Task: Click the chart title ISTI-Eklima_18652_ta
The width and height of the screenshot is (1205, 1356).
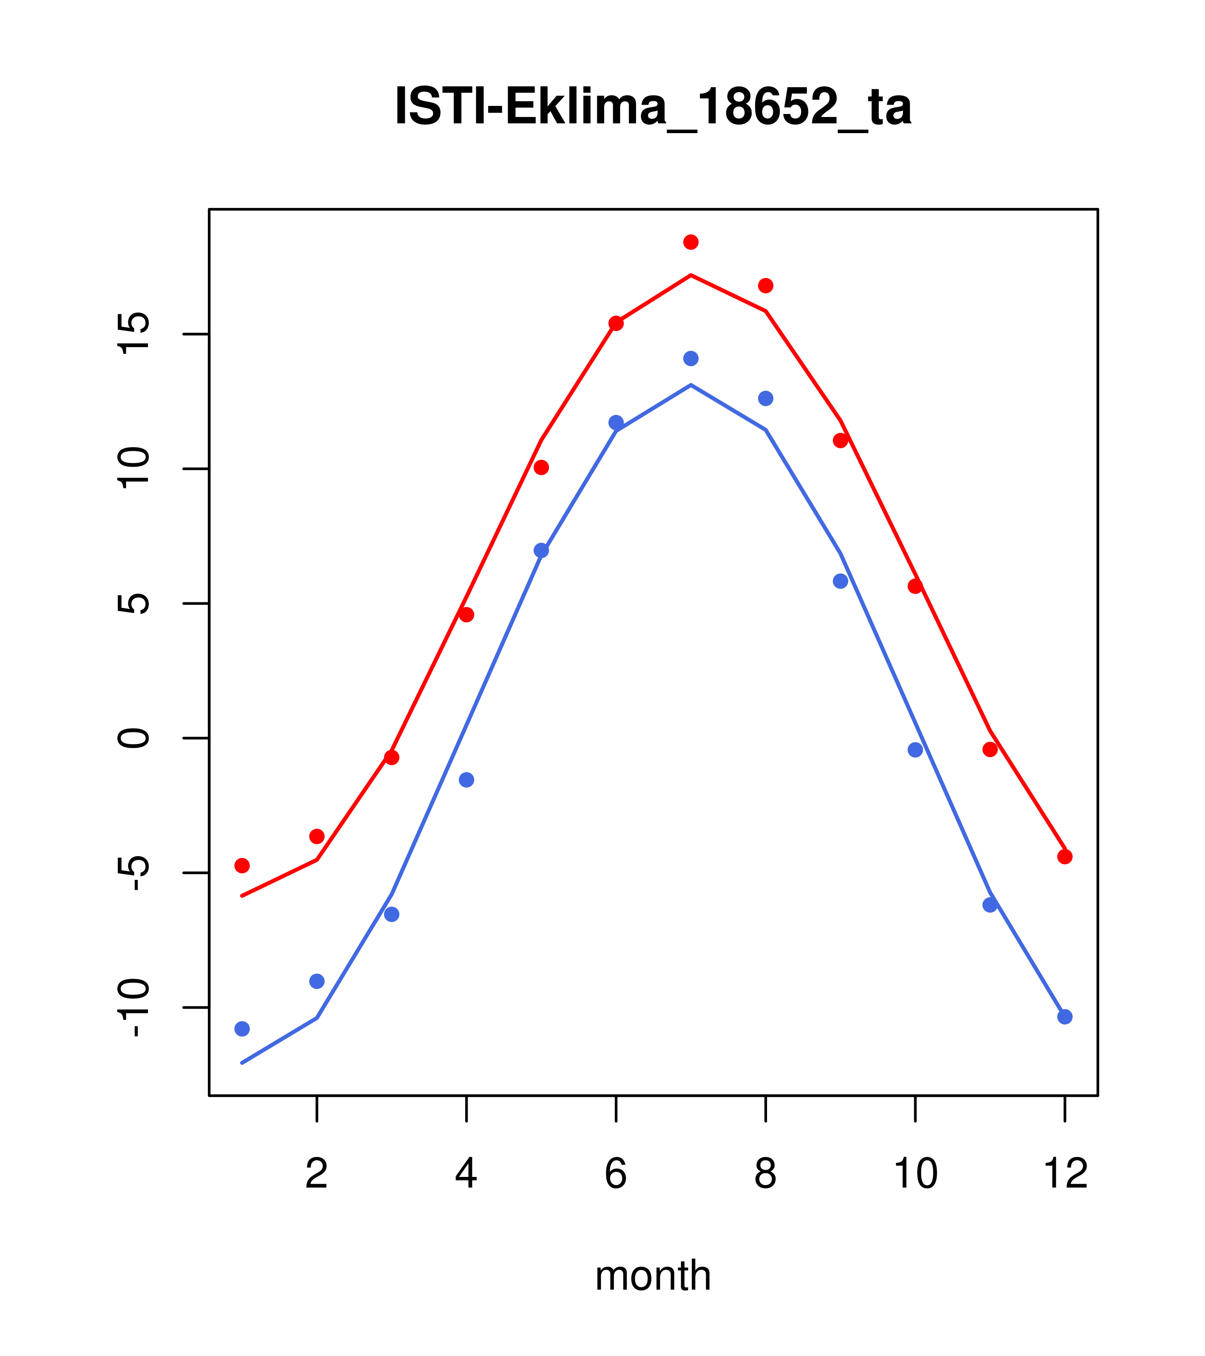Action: pos(653,106)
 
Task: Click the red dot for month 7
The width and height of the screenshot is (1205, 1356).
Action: pos(691,242)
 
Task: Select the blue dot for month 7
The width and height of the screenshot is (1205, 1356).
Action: pos(691,358)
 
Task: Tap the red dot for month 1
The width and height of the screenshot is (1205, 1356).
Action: pos(242,865)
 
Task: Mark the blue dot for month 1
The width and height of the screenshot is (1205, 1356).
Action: pos(242,1029)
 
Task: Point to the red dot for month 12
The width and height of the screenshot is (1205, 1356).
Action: pos(1064,857)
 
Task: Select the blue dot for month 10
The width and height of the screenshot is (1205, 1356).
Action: pos(915,749)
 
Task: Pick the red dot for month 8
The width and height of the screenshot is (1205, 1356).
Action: pos(765,285)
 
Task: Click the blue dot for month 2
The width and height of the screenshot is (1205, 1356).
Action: pos(317,981)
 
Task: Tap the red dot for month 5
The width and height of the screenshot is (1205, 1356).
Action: pos(541,468)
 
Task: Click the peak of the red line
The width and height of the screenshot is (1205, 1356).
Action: pos(691,275)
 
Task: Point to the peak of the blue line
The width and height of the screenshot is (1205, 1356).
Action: pos(691,385)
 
